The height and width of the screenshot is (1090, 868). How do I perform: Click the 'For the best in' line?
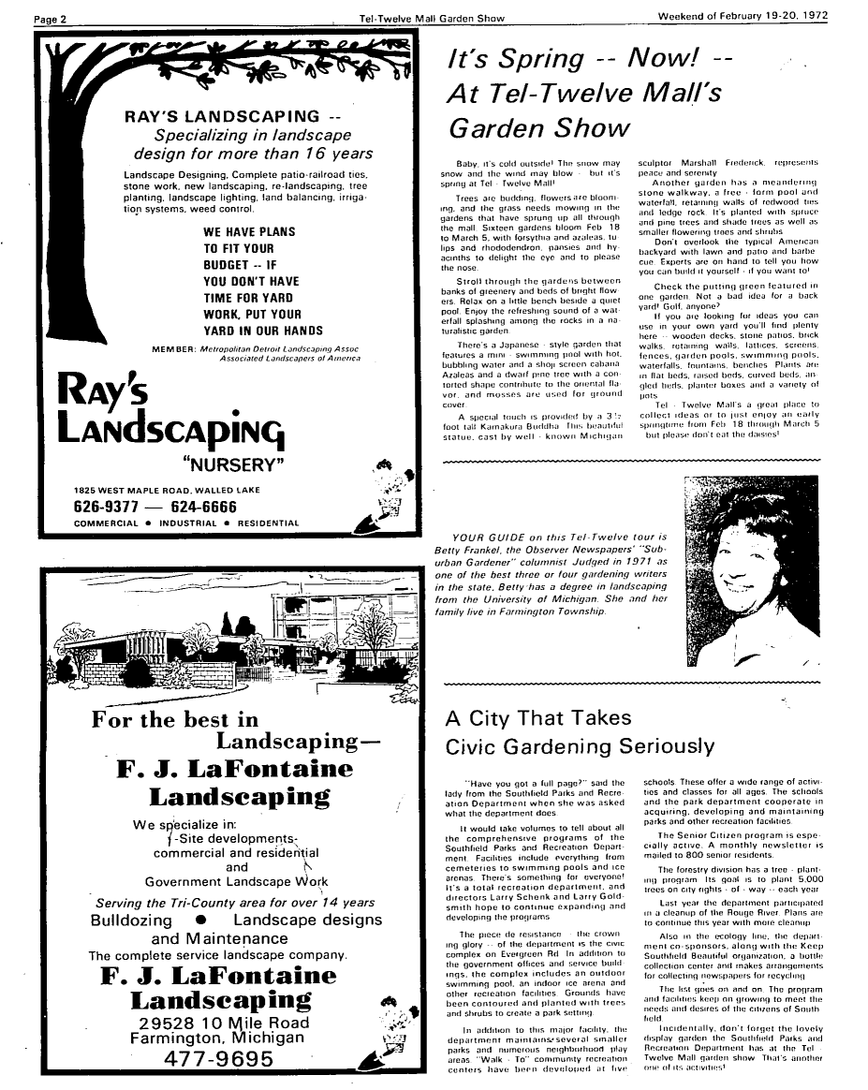175,720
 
